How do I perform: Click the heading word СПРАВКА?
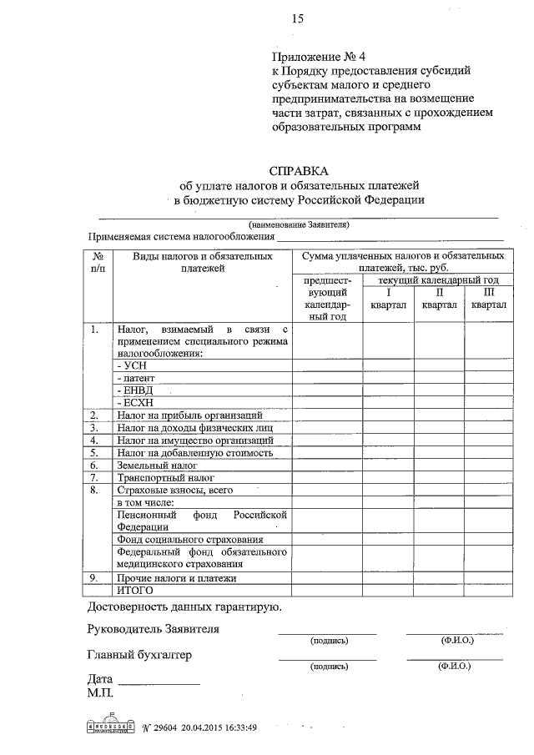tap(298, 169)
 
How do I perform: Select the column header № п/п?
tap(98, 262)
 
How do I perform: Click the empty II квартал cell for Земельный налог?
tap(438, 465)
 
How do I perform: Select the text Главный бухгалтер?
tap(139, 655)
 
